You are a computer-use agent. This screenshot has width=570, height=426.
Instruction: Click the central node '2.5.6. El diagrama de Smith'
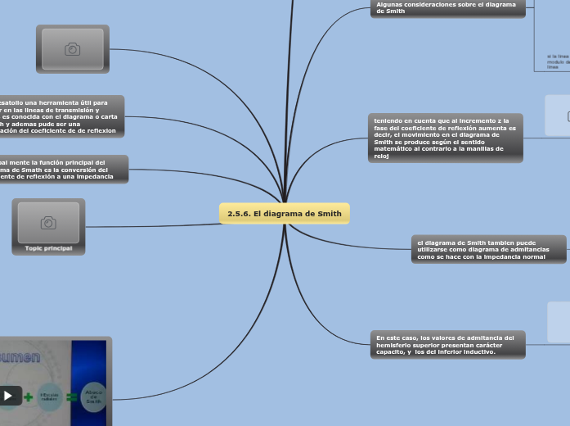click(284, 214)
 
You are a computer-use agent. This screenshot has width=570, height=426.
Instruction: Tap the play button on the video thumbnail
click(8, 396)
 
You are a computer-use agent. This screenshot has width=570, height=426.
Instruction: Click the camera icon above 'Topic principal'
click(48, 223)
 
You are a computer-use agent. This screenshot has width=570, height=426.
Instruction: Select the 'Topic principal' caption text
click(48, 247)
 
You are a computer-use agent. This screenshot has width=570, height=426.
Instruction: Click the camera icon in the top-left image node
click(72, 49)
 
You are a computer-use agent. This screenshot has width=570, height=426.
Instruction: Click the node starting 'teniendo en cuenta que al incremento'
click(445, 138)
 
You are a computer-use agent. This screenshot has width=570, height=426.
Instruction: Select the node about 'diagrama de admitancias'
click(488, 250)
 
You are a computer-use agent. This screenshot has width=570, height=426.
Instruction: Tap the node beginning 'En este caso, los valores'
click(447, 344)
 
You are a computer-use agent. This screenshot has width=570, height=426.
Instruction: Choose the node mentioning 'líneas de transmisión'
click(61, 116)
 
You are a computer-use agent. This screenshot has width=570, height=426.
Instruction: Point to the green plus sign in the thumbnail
click(29, 397)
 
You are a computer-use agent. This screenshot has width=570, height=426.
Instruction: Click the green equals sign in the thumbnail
click(71, 397)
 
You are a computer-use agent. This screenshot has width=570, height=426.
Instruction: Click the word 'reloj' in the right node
click(382, 156)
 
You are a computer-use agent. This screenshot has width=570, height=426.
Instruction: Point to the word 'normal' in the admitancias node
click(532, 256)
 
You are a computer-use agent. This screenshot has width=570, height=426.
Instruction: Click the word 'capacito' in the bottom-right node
click(392, 351)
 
